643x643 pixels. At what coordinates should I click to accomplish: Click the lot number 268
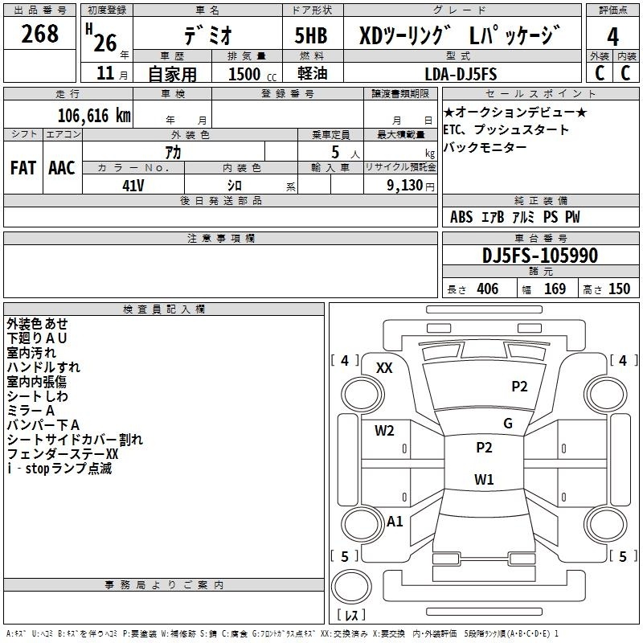point(39,34)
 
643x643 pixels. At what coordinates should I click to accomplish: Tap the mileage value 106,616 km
point(94,116)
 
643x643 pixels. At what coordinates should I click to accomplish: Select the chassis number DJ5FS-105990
point(540,256)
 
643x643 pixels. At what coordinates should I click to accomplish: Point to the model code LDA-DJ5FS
point(461,74)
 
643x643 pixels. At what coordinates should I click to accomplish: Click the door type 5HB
point(311,35)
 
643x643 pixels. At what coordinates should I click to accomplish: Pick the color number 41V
point(133,186)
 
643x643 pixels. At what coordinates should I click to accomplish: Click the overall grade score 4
point(612,37)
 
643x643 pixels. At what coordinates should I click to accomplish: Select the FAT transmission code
point(23,168)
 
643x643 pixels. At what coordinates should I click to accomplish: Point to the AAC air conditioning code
point(62,168)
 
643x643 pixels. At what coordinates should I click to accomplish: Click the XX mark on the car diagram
point(384,368)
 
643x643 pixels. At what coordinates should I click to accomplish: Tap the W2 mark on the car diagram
point(384,431)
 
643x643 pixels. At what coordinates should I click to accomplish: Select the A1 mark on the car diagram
point(395,522)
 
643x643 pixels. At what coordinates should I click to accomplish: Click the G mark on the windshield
point(508,424)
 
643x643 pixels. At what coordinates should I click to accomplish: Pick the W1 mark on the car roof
point(484,479)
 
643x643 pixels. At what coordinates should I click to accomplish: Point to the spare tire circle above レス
point(351,587)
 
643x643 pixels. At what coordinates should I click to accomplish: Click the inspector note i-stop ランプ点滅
point(59,469)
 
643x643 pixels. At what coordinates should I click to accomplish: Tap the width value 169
point(555,289)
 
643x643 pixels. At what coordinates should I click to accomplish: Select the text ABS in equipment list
point(461,217)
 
